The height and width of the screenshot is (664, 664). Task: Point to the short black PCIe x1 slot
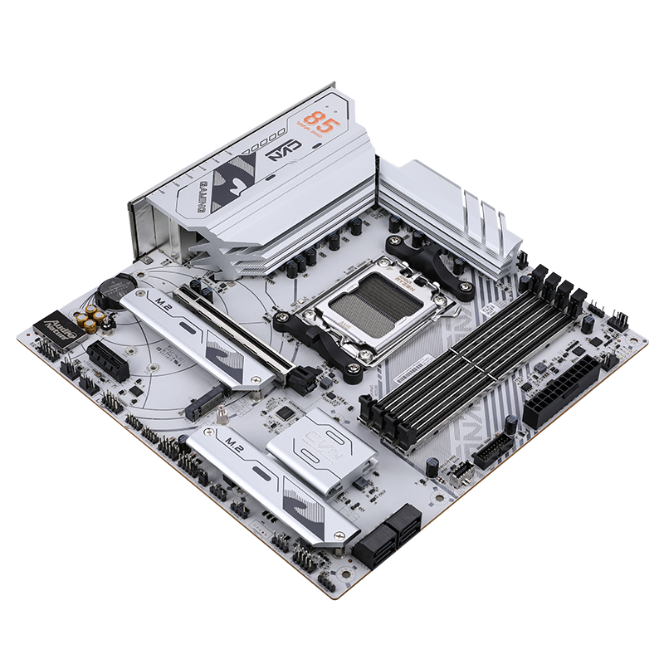(x=108, y=359)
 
